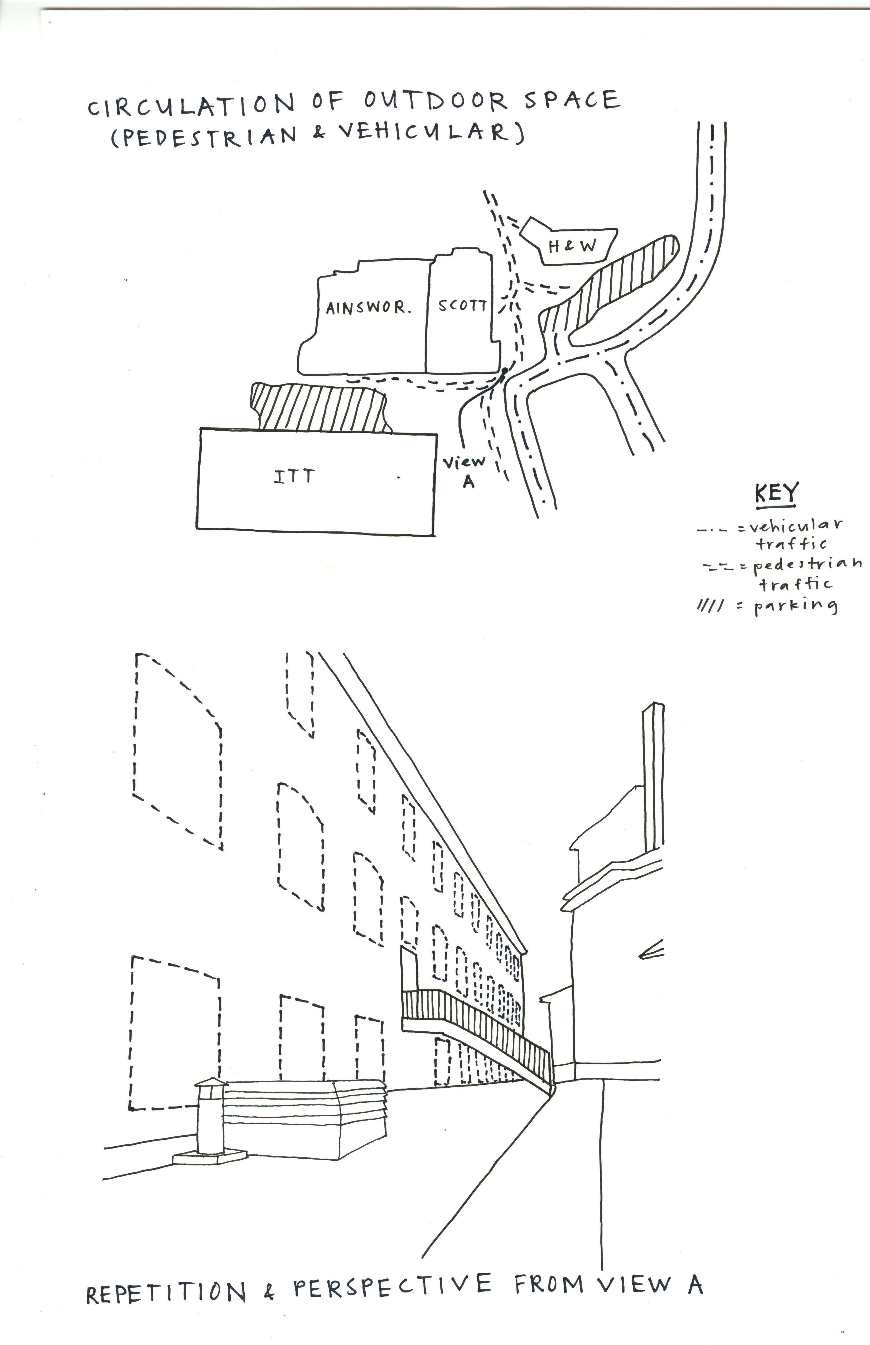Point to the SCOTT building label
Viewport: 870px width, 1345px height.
point(462,306)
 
